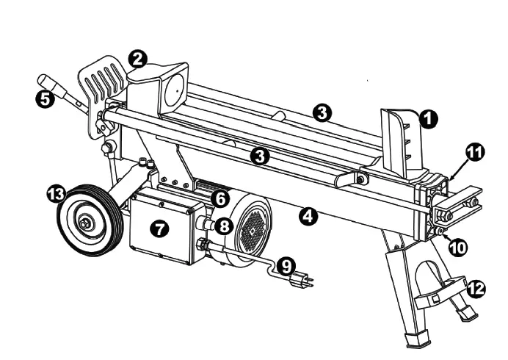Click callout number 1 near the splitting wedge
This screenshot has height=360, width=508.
tap(428, 116)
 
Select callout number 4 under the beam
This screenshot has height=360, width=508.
tap(309, 216)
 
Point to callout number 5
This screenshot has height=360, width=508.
tap(46, 101)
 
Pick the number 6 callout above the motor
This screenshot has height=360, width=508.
tap(218, 198)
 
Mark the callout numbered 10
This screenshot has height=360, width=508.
tap(457, 247)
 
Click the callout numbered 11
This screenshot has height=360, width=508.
tap(475, 153)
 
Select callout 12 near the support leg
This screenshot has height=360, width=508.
tap(476, 289)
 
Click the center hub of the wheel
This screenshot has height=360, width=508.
tap(87, 221)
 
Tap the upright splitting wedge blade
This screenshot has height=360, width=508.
tap(400, 136)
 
